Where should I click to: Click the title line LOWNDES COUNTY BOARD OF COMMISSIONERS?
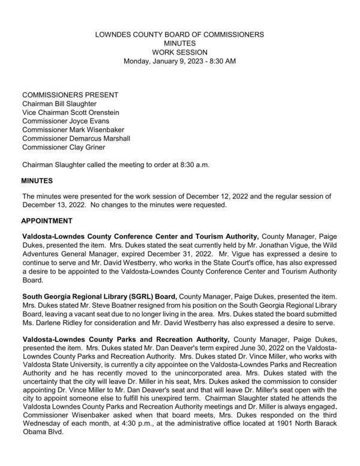(x=179, y=35)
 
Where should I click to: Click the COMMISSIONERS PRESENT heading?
(x=70, y=95)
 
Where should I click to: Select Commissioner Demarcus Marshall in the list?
(x=76, y=139)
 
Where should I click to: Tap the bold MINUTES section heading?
(x=37, y=181)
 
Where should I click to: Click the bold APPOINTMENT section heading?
(x=47, y=221)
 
